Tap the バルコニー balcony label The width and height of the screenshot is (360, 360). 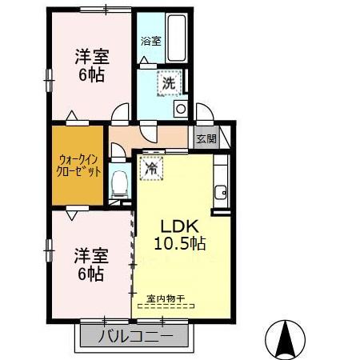tap(134, 335)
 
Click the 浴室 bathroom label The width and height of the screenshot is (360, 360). tap(150, 41)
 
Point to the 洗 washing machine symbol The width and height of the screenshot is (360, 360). tap(170, 83)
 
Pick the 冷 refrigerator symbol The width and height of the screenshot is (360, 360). tap(150, 168)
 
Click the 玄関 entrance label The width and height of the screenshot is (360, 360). tap(206, 138)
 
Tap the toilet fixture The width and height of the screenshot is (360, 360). tap(120, 183)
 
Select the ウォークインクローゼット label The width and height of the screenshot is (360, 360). tap(78, 165)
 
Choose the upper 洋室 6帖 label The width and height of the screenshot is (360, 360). tap(92, 66)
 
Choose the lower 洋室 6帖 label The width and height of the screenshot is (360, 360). tap(90, 264)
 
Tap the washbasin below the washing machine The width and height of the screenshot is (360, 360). tap(181, 109)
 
